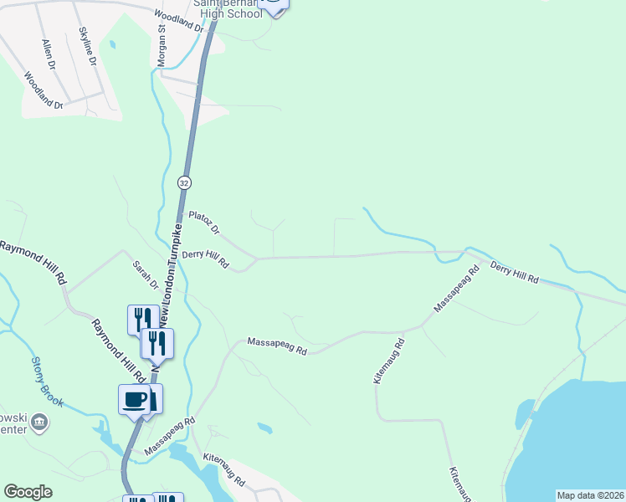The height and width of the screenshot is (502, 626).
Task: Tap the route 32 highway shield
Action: (185, 182)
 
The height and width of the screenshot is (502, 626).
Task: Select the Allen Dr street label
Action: (48, 53)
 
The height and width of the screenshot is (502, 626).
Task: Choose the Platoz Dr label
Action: (203, 222)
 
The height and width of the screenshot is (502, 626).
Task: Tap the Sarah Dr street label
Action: (145, 274)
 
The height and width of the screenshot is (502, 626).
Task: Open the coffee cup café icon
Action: (135, 400)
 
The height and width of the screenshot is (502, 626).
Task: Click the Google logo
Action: (28, 492)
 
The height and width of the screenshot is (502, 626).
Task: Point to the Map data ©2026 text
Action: (590, 495)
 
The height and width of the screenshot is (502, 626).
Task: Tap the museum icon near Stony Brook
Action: (38, 423)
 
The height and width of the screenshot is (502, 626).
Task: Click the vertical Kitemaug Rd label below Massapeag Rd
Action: (390, 361)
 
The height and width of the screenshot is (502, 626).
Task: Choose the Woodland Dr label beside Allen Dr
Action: (44, 91)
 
